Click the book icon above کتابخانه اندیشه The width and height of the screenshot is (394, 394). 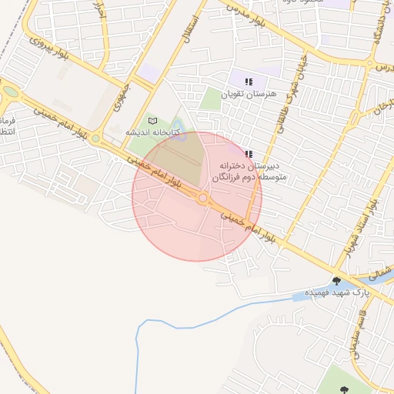[x=152, y=122]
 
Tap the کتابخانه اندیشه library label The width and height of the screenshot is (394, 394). [x=154, y=133]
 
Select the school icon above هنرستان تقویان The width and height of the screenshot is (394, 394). [x=248, y=82]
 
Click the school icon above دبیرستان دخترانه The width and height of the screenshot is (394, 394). [x=248, y=154]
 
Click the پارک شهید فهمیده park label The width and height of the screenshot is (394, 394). [x=338, y=293]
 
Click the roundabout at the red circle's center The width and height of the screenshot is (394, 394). [x=202, y=199]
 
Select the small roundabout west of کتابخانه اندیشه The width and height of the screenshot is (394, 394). [x=95, y=139]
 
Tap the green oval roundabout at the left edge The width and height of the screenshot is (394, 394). [x=9, y=92]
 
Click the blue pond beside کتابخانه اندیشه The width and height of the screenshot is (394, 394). [x=179, y=124]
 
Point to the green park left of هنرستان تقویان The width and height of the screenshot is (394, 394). [x=209, y=99]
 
